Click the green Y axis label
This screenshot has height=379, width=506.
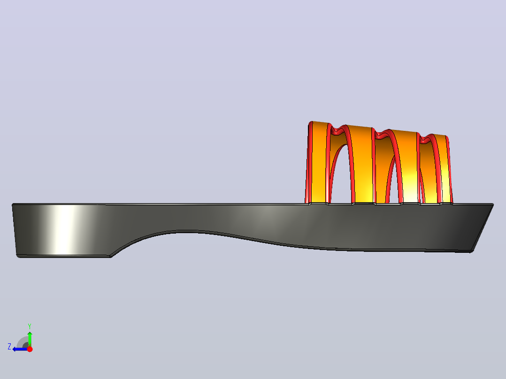(30, 326)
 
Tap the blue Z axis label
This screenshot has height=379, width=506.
(9, 347)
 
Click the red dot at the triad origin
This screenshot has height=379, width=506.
(30, 349)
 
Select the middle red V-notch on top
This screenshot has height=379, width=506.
(382, 135)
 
